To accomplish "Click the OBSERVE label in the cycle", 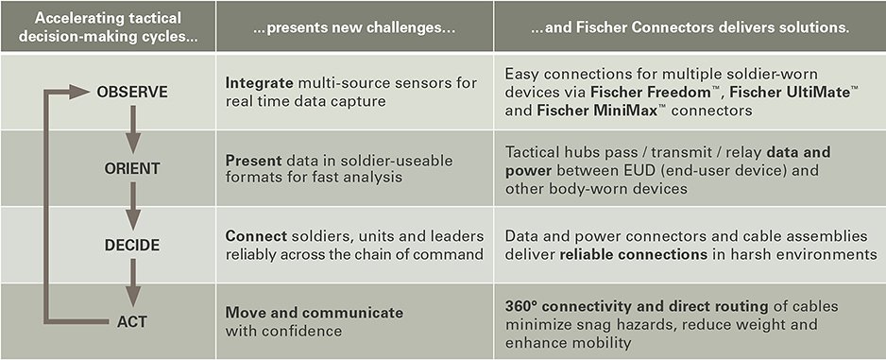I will click(x=132, y=92).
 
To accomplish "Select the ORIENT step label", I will click(x=132, y=168).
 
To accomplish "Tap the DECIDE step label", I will click(x=132, y=245).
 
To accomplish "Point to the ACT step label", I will click(x=132, y=321).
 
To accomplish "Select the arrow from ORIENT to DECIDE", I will click(x=132, y=206).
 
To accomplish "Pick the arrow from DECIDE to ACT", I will click(x=132, y=283).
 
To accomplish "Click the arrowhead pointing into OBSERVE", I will click(x=82, y=92).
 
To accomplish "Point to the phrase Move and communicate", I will click(x=314, y=312).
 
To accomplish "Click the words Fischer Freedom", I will click(x=642, y=93).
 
